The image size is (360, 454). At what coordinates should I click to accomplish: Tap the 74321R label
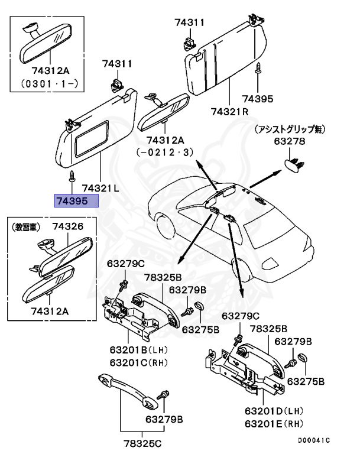[229, 111]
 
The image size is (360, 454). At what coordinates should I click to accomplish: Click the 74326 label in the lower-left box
[67, 226]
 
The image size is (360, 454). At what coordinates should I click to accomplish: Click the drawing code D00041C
[313, 440]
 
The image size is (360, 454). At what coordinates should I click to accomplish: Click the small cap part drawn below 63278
[294, 161]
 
